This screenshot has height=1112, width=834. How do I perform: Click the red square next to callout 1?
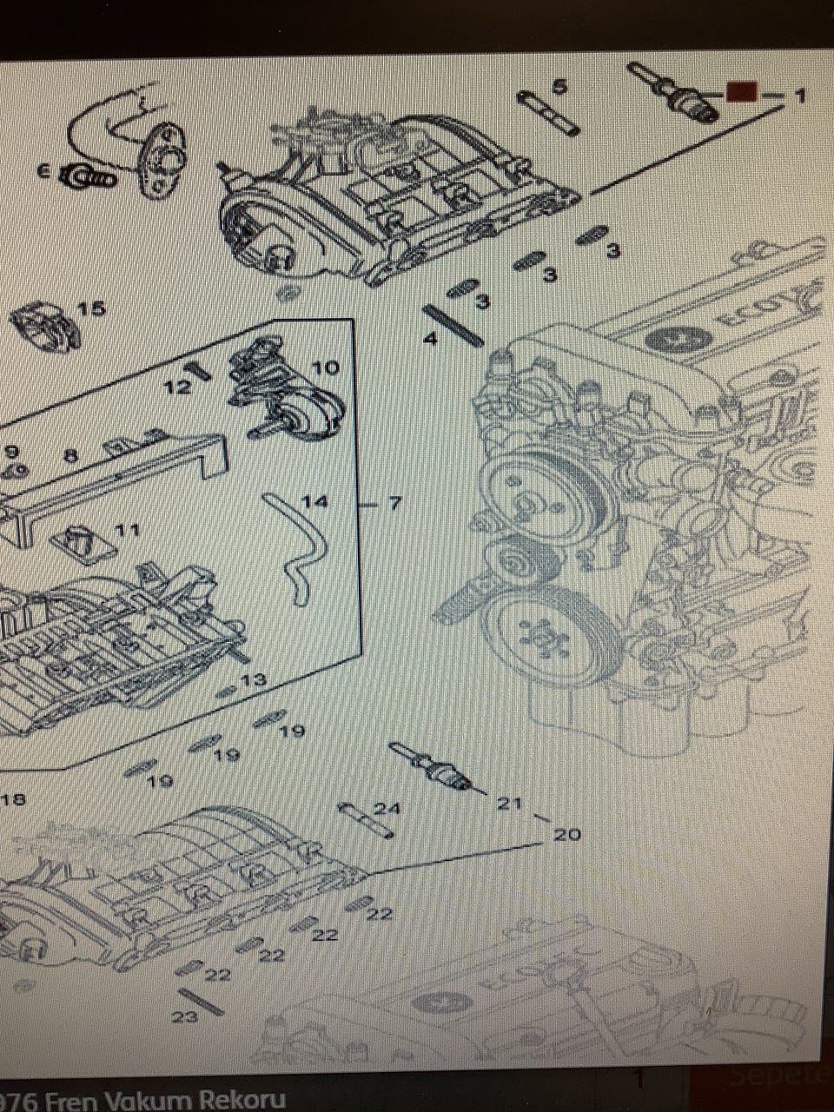coord(740,91)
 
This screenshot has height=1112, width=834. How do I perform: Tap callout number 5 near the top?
coord(559,86)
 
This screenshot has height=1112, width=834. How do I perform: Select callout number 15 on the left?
coord(90,308)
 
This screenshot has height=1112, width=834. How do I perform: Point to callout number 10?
coord(326,368)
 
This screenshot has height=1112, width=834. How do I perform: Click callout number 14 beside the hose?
coord(315,502)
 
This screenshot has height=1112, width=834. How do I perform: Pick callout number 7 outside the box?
coord(394,503)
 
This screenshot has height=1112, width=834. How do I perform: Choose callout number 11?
coord(128,529)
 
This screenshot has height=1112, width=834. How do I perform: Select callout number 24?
coord(387,809)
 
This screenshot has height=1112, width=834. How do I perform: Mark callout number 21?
coord(508,804)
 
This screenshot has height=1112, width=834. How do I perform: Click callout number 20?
coord(566,835)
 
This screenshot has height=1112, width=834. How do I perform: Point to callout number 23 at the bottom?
coord(184,1017)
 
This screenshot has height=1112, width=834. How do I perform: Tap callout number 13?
coord(254,680)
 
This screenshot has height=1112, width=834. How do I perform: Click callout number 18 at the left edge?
coord(14,799)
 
